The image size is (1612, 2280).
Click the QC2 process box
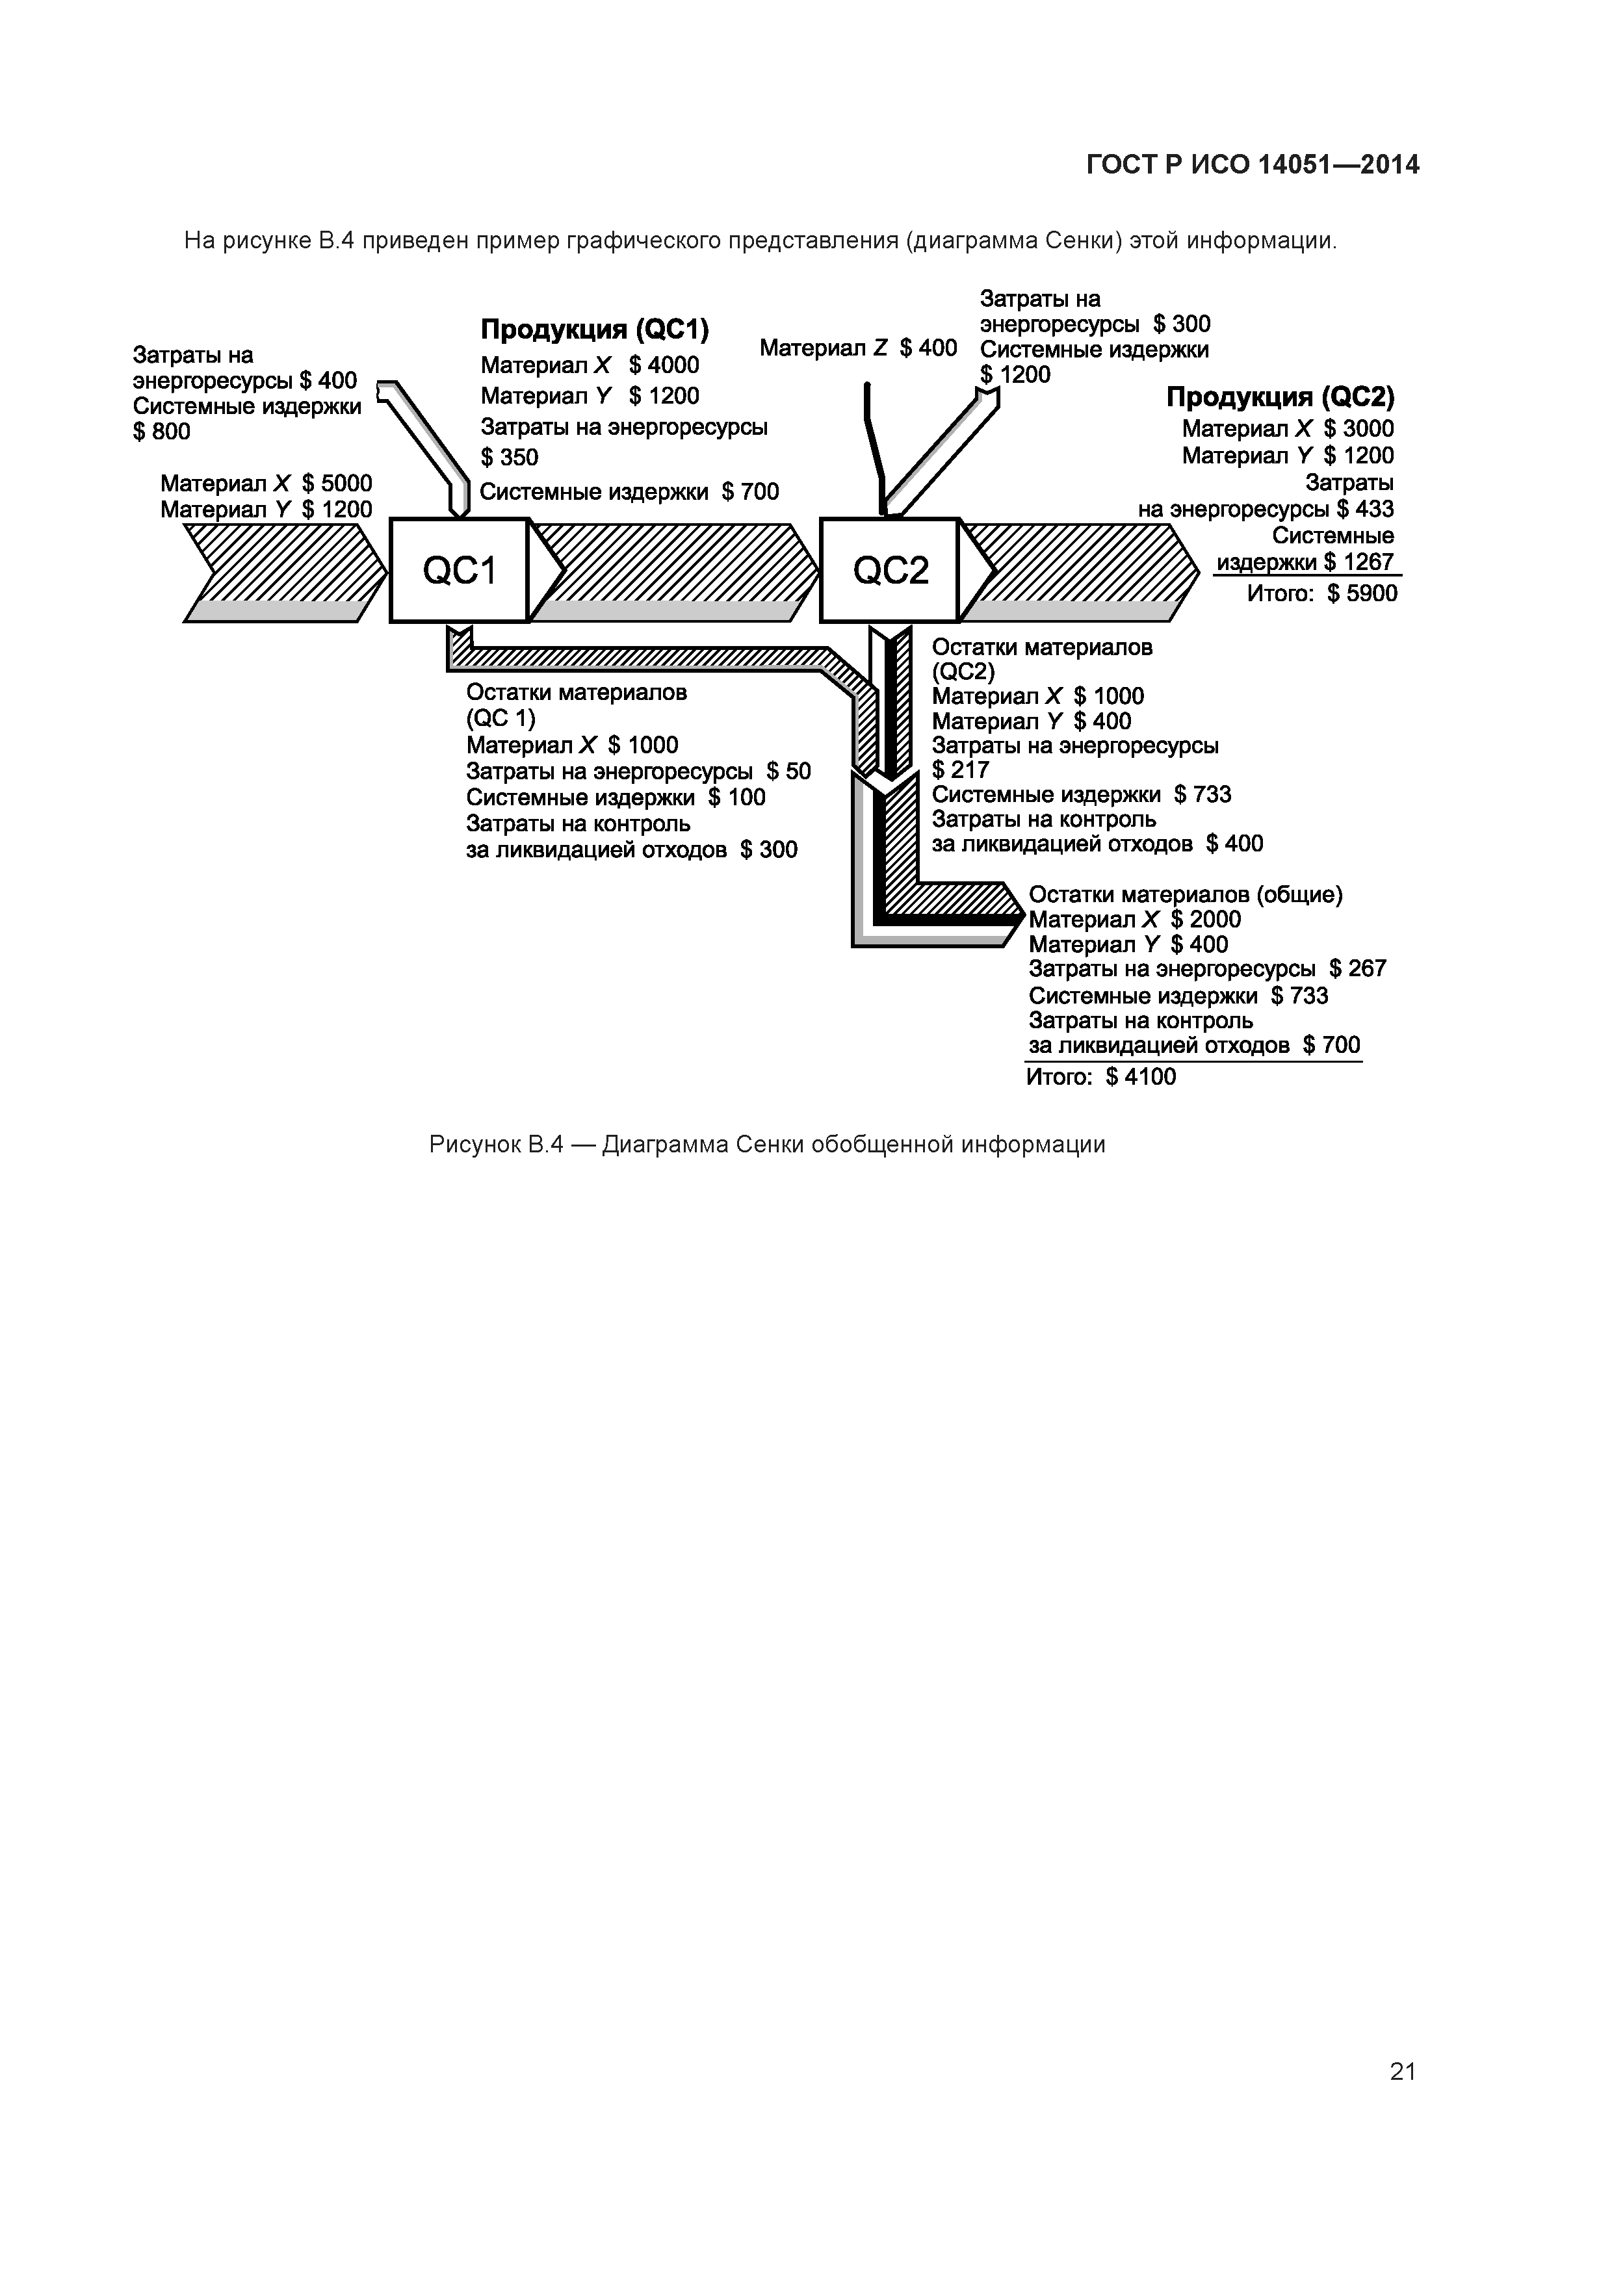click(x=890, y=570)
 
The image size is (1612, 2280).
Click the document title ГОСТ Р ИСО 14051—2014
click(x=1253, y=165)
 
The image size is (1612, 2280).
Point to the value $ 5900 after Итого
click(x=1362, y=594)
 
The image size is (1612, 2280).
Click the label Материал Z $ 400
click(x=857, y=348)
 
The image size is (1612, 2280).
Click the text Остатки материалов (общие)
click(x=1185, y=895)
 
